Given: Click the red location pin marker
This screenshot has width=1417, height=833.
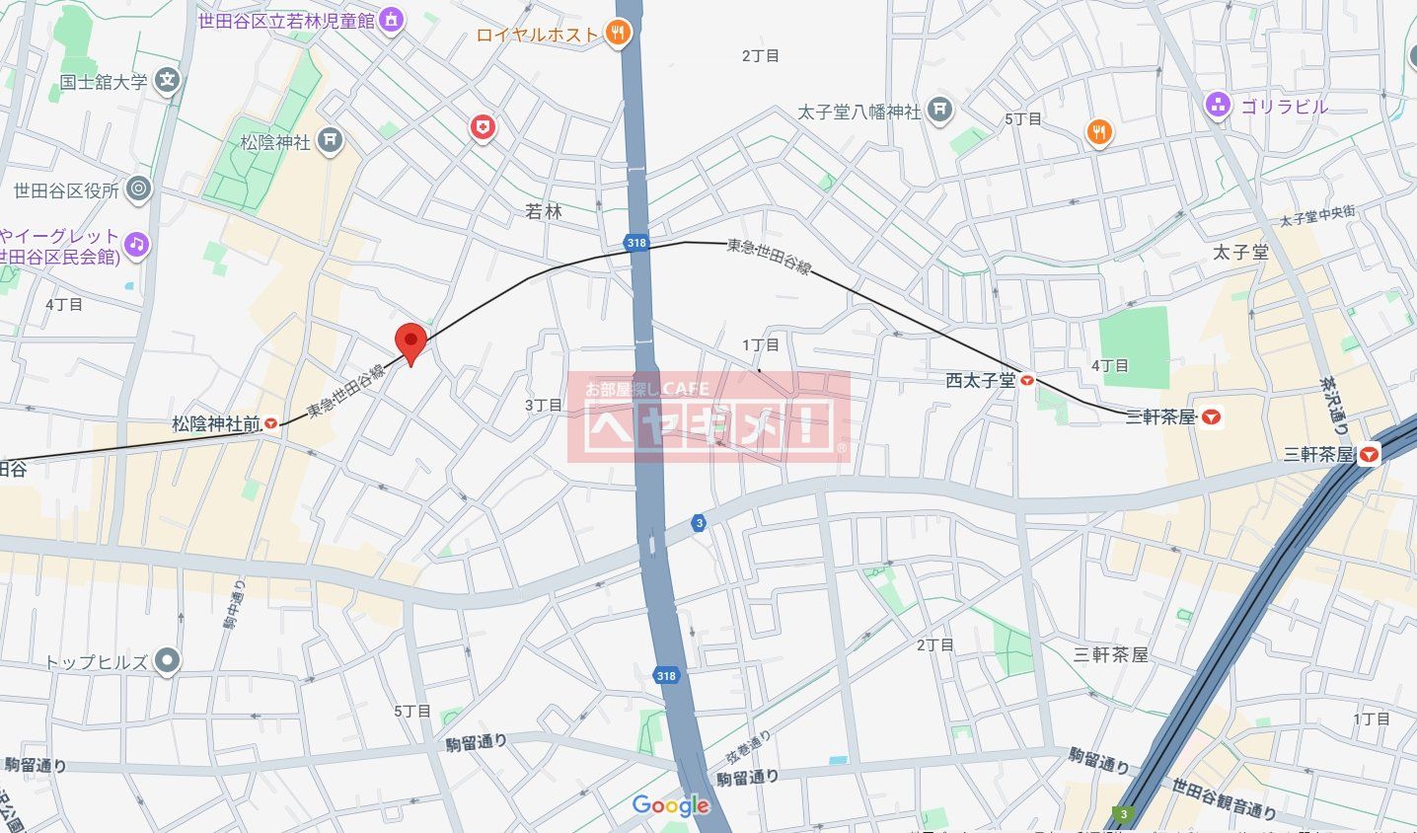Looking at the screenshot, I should [x=410, y=341].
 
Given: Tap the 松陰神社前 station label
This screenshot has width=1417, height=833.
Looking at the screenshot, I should [x=216, y=424].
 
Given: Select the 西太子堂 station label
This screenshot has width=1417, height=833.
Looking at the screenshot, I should [x=980, y=380].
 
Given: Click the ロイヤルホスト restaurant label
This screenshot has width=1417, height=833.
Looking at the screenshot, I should [x=538, y=35].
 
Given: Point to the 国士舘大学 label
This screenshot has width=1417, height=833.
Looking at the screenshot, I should [x=103, y=82].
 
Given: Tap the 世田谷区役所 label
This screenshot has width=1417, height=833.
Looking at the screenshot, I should [x=66, y=190].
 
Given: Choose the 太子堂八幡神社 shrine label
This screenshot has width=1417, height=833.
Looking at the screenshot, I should [x=859, y=112].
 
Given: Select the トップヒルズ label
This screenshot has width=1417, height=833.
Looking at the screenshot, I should [x=97, y=662].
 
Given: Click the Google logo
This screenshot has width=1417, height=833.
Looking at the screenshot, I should [x=671, y=805].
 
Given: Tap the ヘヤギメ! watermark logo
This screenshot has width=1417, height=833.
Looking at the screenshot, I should [x=708, y=417].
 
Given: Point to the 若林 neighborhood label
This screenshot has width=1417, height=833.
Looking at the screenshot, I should [x=543, y=211].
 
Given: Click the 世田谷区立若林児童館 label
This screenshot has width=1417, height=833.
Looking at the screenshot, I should [x=287, y=20].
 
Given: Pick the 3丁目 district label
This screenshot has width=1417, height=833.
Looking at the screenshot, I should [x=543, y=405].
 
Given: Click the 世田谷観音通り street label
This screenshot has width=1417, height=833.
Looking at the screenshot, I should [x=1224, y=798].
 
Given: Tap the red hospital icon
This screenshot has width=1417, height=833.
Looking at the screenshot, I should [x=482, y=126].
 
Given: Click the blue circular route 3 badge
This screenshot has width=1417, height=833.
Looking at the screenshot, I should [x=699, y=523].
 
